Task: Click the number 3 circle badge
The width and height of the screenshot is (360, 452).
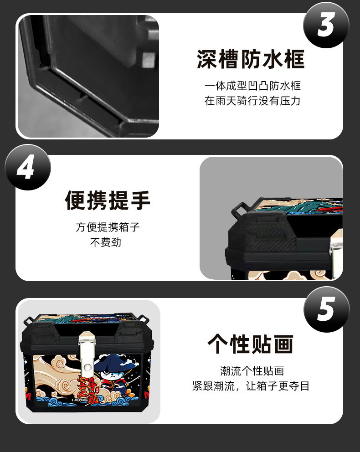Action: tap(326, 25)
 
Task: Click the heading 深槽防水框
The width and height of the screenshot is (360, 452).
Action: tap(251, 60)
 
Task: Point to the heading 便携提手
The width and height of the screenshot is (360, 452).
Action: tap(108, 200)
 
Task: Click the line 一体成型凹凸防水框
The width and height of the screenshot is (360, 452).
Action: tap(252, 86)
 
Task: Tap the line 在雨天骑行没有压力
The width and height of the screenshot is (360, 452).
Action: tap(252, 101)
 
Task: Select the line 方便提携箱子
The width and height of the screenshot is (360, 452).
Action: tap(108, 227)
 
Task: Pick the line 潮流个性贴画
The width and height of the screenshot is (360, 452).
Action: tap(252, 371)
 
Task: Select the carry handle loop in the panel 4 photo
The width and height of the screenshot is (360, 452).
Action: tap(239, 210)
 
